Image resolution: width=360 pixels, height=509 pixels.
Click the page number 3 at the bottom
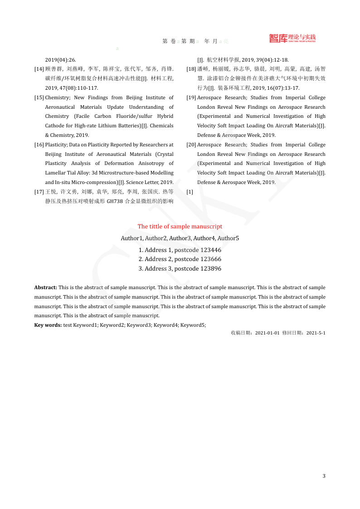pos(324,476)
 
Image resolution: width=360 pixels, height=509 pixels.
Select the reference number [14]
pos(39,69)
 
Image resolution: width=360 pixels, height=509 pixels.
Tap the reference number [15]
pos(39,97)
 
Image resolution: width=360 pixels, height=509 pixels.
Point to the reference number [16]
pos(39,145)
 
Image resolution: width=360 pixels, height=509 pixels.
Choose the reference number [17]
pos(39,192)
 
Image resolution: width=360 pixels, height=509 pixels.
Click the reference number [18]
pos(191,69)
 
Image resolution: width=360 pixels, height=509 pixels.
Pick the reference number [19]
pos(191,97)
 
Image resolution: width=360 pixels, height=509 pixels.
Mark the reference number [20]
pos(191,145)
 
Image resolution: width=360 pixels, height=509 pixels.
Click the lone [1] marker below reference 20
pos(190,192)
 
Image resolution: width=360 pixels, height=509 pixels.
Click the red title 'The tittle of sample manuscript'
pos(180,226)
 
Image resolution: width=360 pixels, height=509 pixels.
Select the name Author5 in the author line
pos(228,238)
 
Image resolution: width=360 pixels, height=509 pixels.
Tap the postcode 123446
pos(211,250)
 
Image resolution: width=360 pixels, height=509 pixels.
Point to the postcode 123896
pos(211,268)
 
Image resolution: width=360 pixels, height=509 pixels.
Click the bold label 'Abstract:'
pos(46,287)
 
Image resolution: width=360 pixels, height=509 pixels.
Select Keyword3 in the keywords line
pos(138,325)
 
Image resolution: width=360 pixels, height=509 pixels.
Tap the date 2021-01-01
pos(268,333)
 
